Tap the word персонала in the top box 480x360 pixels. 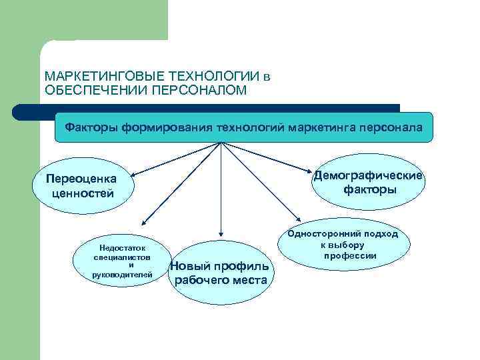(x=391, y=127)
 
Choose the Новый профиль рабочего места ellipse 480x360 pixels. (x=221, y=273)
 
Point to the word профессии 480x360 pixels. (x=351, y=256)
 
